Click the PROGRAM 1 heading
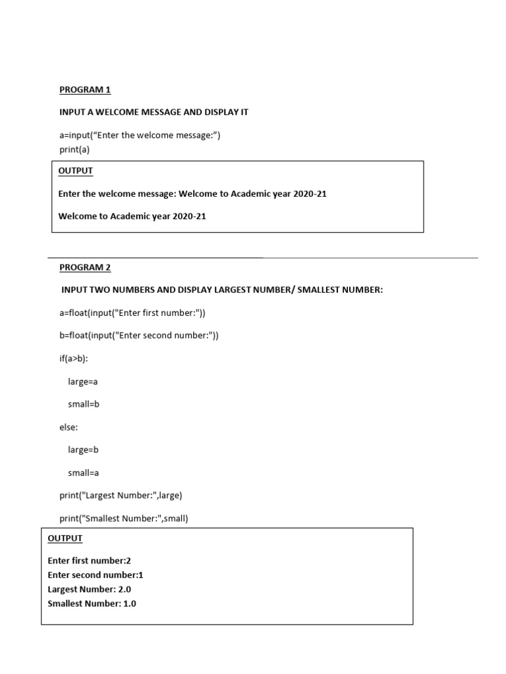click(x=85, y=90)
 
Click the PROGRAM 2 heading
click(x=85, y=267)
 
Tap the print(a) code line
click(x=74, y=149)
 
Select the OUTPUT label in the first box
click(x=76, y=171)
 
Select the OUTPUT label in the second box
click(x=65, y=538)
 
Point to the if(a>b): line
click(x=74, y=358)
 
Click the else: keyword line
click(x=69, y=427)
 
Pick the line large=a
click(x=82, y=382)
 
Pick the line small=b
click(x=83, y=404)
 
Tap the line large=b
click(x=82, y=450)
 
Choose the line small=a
click(x=83, y=473)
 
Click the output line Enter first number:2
click(x=90, y=561)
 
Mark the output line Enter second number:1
click(x=96, y=575)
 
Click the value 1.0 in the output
click(x=130, y=604)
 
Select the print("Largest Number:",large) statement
click(x=121, y=495)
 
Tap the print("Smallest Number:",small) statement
click(x=124, y=518)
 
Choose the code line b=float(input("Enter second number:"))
click(x=138, y=336)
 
